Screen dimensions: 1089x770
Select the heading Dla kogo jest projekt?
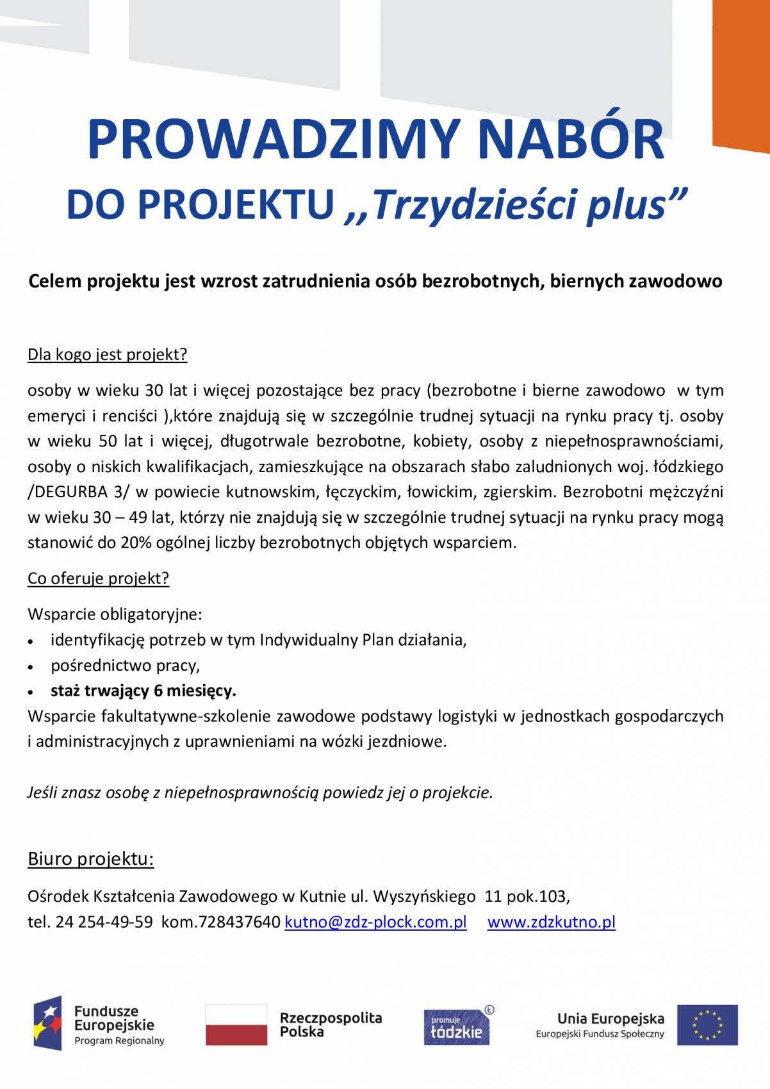pyautogui.click(x=107, y=354)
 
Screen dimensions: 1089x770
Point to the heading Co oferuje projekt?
pyautogui.click(x=98, y=578)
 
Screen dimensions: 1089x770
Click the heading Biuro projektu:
pyautogui.click(x=90, y=859)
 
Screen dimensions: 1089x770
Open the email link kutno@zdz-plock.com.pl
pyautogui.click(x=375, y=922)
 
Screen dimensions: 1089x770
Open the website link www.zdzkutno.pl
pyautogui.click(x=551, y=922)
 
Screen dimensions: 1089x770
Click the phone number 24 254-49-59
pyautogui.click(x=104, y=922)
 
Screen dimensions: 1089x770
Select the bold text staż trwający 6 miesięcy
pyautogui.click(x=143, y=691)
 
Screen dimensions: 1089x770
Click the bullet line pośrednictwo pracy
pyautogui.click(x=126, y=666)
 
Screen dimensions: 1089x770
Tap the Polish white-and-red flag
pyautogui.click(x=236, y=1024)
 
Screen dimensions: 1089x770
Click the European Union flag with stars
pyautogui.click(x=707, y=1024)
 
